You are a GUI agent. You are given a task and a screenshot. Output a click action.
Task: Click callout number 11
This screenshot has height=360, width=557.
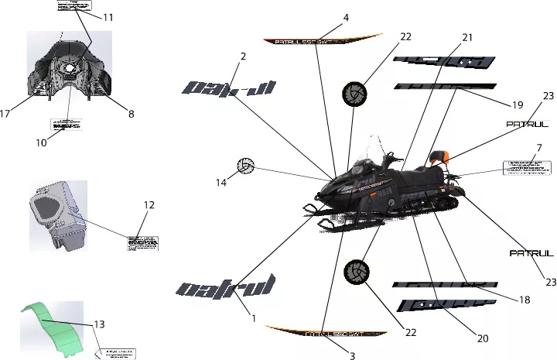pos(108,17)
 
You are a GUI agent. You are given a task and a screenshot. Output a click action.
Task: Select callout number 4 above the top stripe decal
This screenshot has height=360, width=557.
pos(346,17)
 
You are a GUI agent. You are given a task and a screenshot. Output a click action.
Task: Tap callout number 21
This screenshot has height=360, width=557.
pos(467,37)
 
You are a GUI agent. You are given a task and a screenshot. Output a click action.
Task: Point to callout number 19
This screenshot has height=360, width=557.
pos(518,105)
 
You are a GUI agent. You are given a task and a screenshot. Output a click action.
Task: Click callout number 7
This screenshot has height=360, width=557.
pos(538,148)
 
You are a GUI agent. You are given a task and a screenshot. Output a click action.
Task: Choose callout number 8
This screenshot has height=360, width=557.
pos(131,114)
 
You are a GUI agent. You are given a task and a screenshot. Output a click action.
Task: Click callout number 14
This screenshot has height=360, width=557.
pos(221,183)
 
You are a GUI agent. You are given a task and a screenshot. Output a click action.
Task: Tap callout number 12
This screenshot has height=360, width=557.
pos(149,205)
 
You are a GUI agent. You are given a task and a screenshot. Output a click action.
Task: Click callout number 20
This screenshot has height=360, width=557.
pos(483,338)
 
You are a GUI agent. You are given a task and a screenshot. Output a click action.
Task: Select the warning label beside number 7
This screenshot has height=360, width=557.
pos(528,167)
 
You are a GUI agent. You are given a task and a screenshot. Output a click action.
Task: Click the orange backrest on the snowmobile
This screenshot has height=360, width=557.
pos(443,155)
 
